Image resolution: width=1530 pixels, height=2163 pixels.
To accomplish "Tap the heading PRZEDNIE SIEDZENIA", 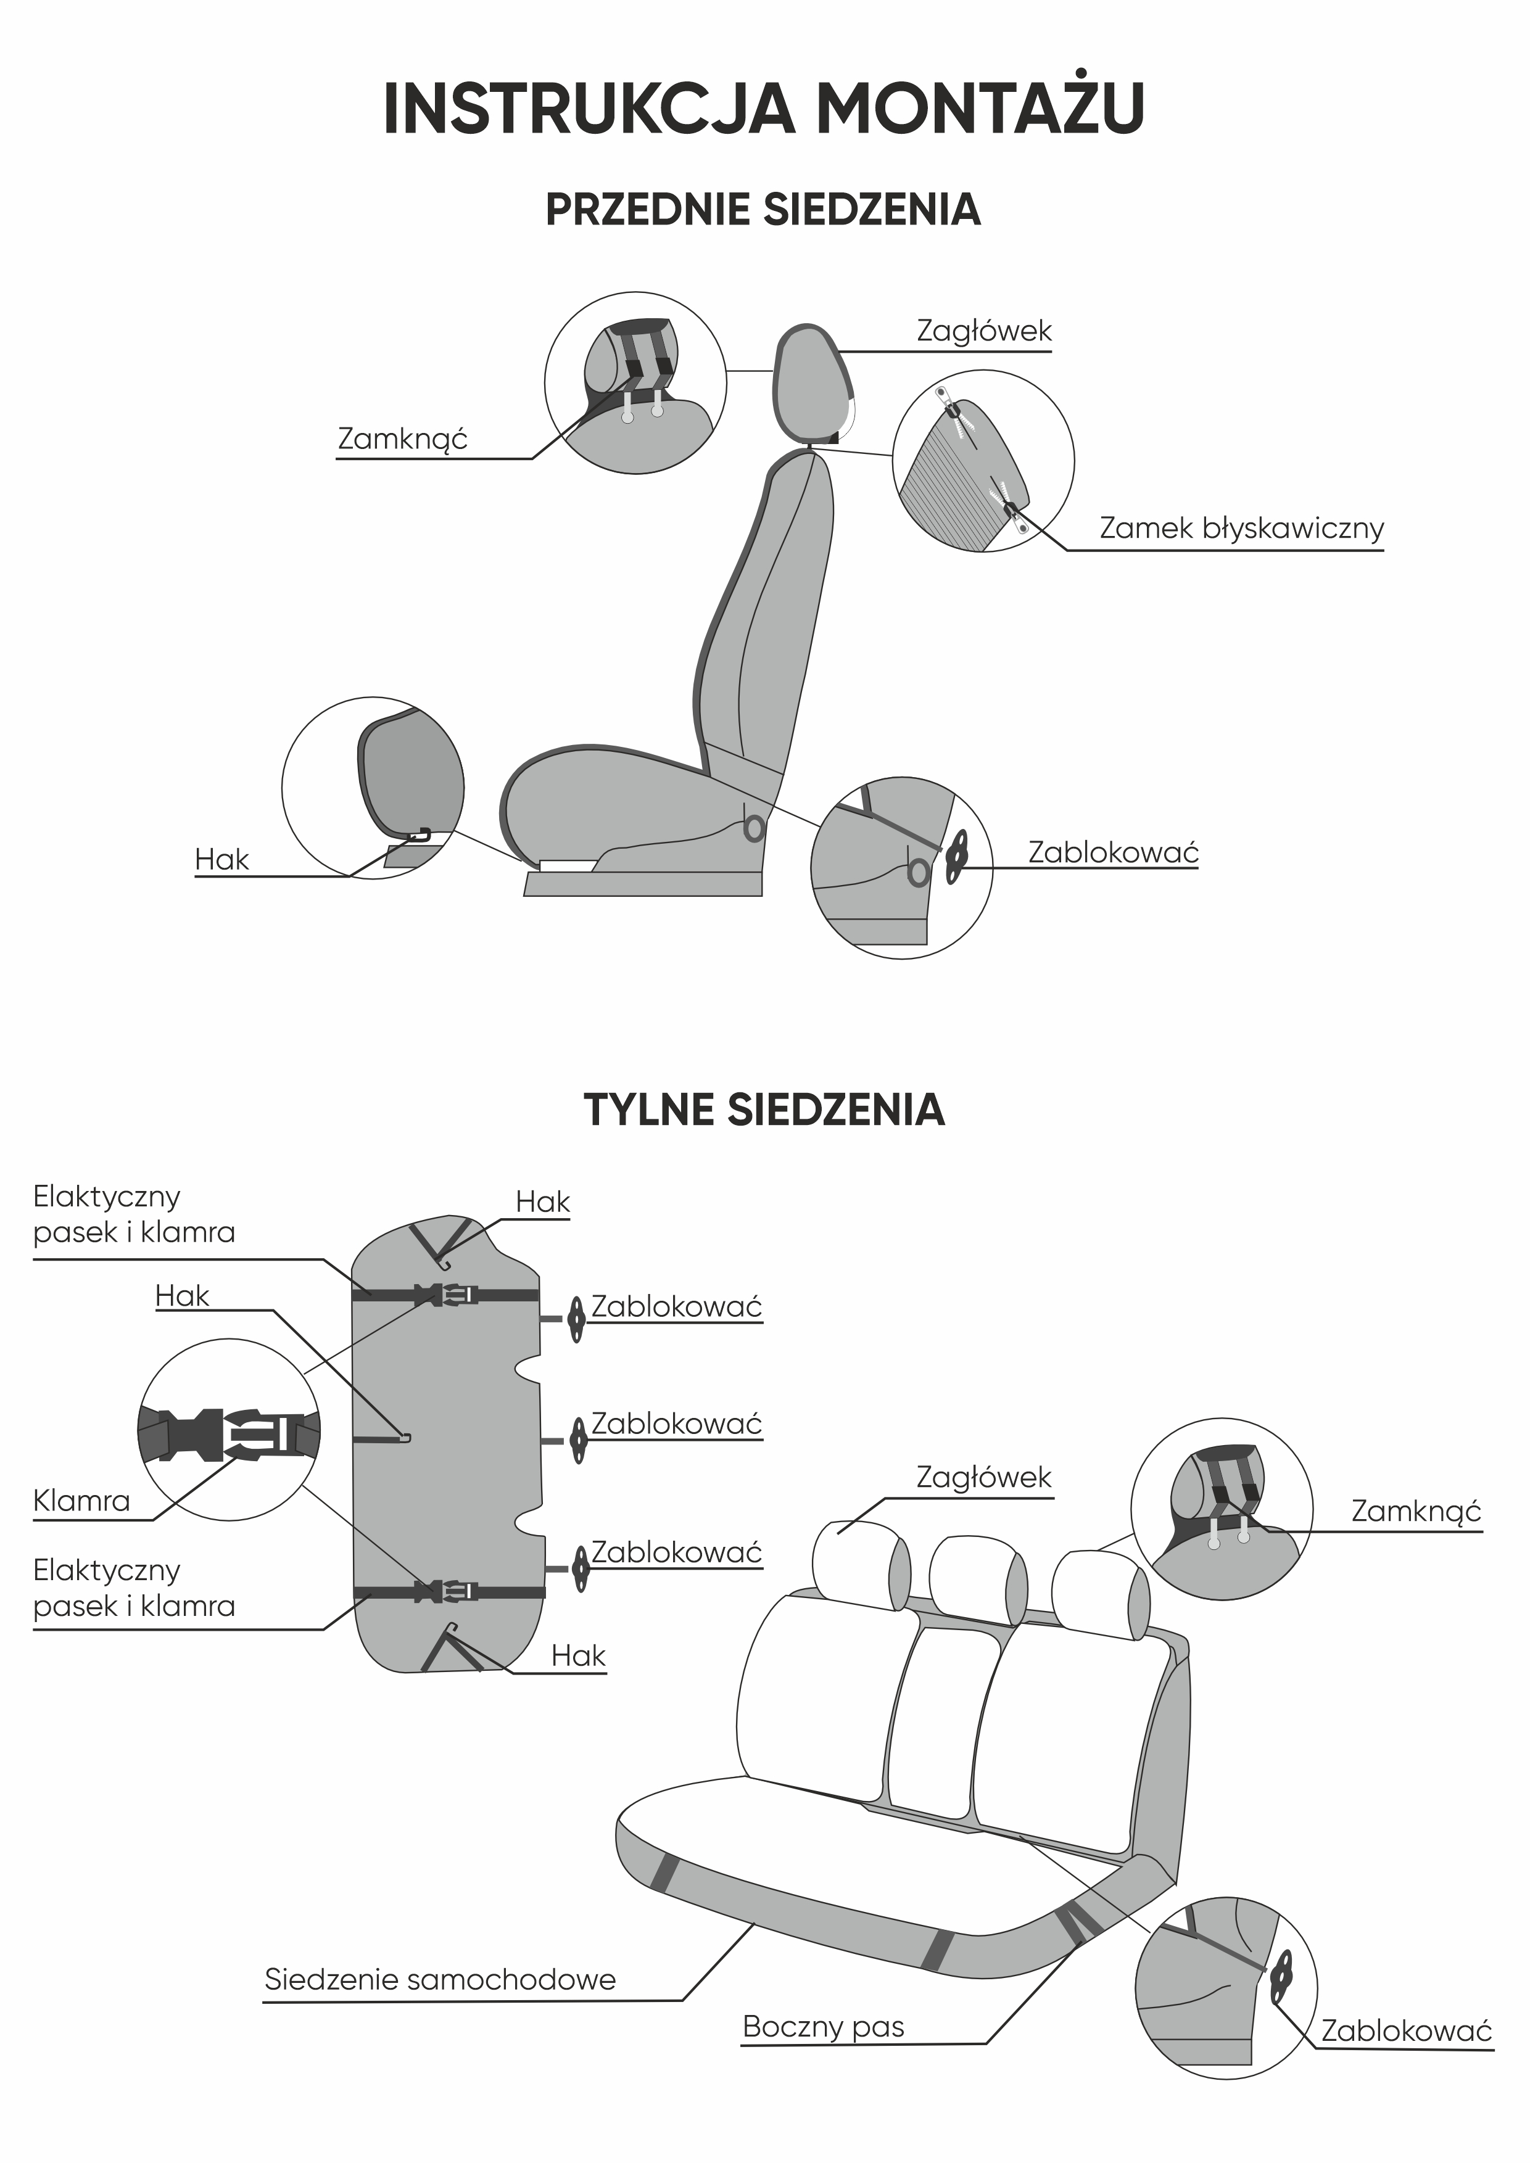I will click(763, 209).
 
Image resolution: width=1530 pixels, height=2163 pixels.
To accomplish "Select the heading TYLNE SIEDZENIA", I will click(764, 1110).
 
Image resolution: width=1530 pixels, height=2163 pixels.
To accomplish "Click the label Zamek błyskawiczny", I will click(1241, 529).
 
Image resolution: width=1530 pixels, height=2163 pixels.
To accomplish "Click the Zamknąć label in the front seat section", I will click(402, 439).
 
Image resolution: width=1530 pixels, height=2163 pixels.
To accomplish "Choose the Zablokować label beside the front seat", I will click(1112, 852).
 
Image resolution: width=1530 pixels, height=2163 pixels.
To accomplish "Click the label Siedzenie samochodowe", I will click(440, 1979).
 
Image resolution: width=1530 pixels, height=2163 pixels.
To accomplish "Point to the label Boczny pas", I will click(824, 2027).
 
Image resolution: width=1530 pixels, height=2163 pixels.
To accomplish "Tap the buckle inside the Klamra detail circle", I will click(229, 1435).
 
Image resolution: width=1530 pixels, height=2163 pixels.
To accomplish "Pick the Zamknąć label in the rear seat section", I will click(1416, 1511).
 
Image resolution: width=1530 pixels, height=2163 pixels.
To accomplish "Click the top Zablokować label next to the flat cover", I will click(676, 1308).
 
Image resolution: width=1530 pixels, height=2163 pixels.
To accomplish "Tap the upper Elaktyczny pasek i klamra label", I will click(134, 1214).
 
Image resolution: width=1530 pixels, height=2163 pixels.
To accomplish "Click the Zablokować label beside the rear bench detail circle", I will click(1405, 2030).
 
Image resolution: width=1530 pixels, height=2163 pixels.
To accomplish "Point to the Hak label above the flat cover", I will click(543, 1202).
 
